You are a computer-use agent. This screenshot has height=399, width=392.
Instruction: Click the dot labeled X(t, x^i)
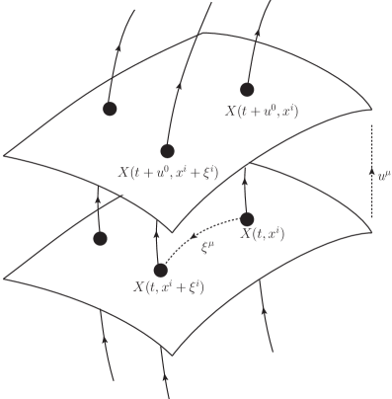pyautogui.click(x=247, y=218)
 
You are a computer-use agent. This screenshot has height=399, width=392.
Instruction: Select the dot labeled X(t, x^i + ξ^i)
pyautogui.click(x=161, y=270)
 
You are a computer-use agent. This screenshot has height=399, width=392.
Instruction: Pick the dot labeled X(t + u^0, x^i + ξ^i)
pyautogui.click(x=167, y=150)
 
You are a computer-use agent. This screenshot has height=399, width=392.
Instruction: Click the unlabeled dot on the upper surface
pyautogui.click(x=110, y=107)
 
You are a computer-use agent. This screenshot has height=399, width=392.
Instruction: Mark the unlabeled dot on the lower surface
pyautogui.click(x=99, y=238)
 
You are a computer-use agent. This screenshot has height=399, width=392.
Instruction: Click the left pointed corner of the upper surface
pyautogui.click(x=5, y=155)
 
